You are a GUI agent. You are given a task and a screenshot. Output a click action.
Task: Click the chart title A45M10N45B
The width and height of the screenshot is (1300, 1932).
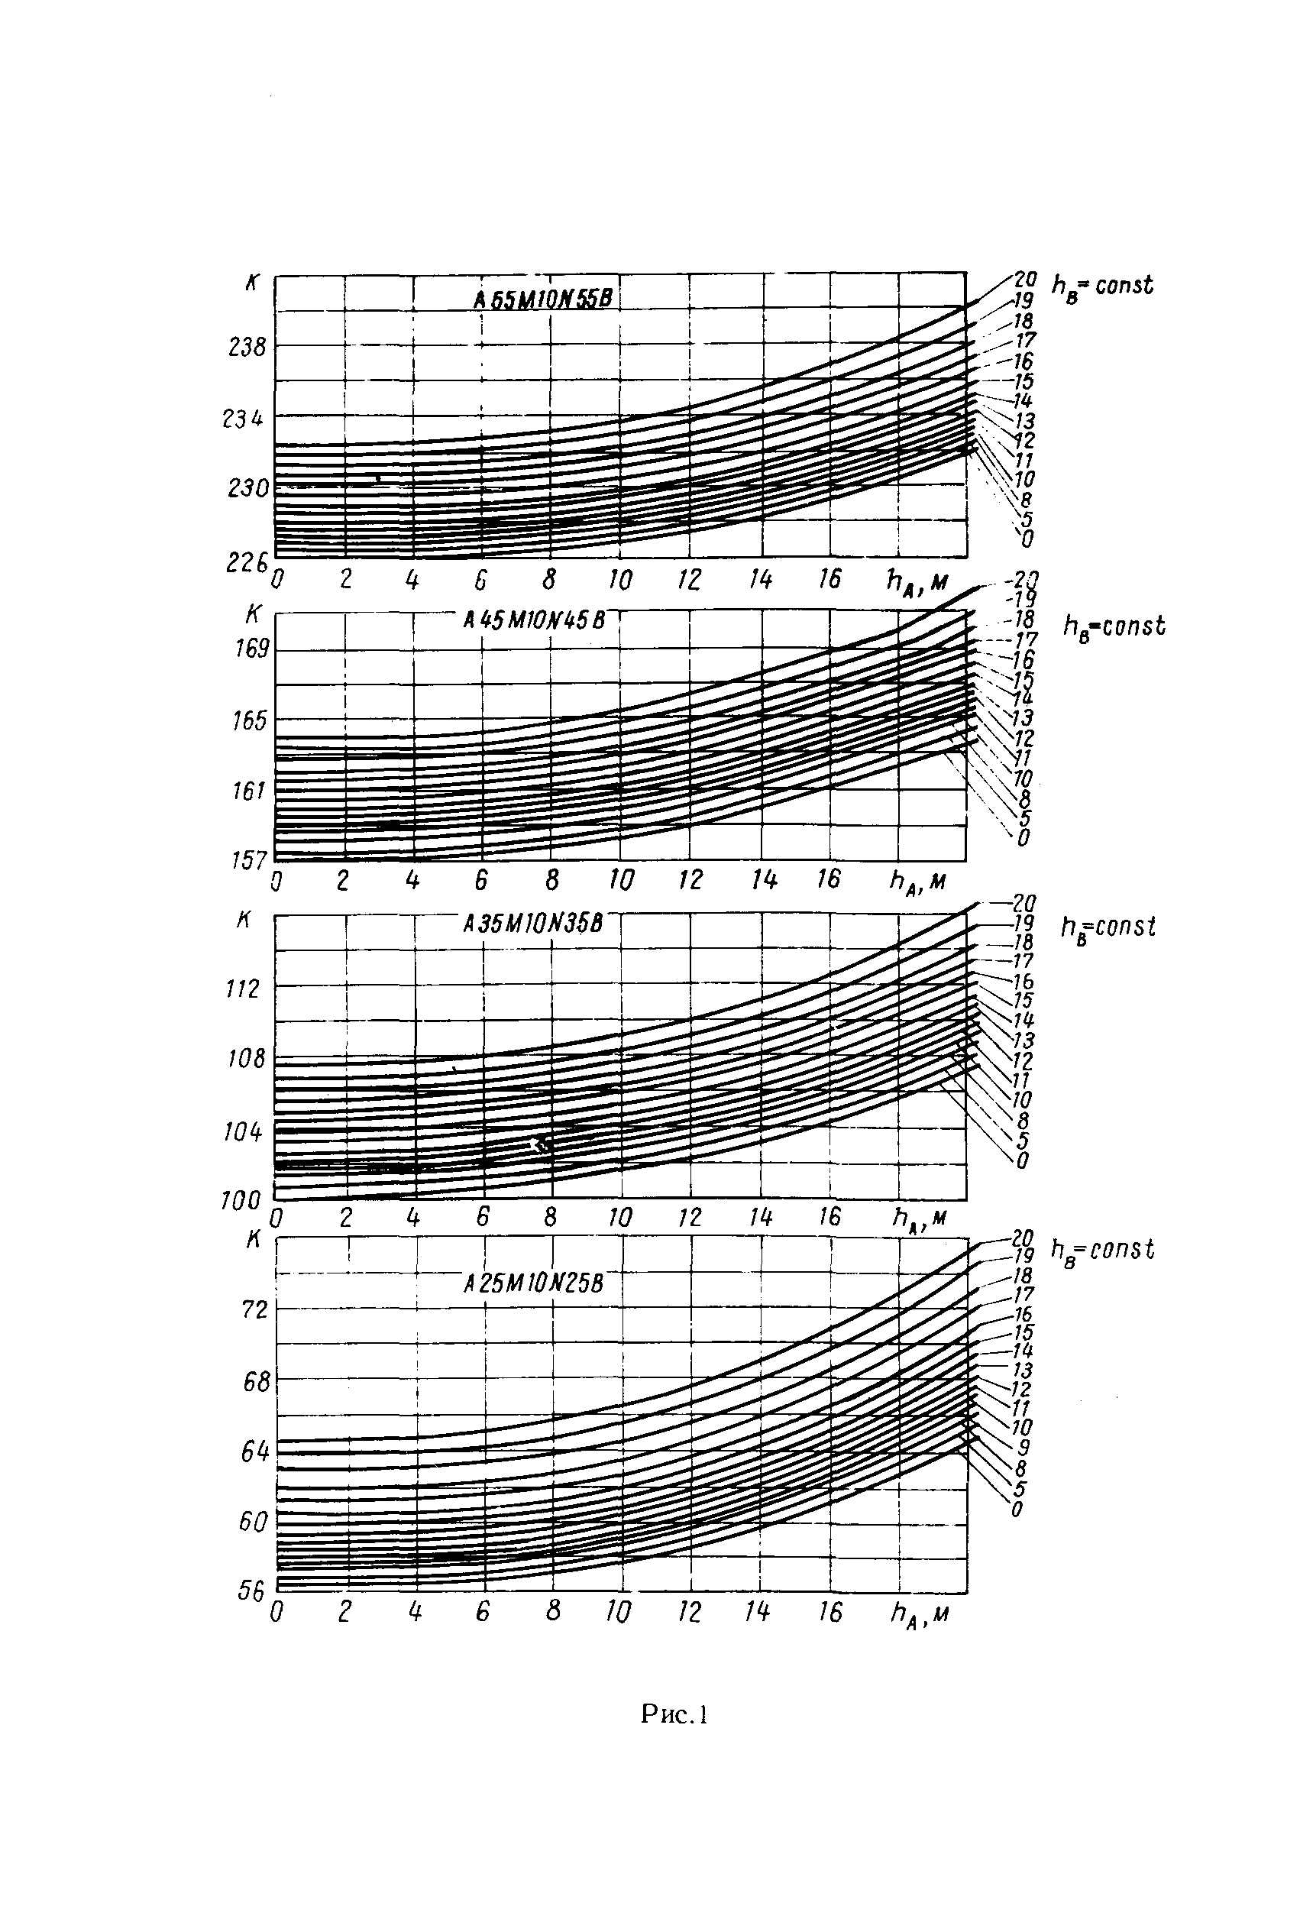[x=534, y=620]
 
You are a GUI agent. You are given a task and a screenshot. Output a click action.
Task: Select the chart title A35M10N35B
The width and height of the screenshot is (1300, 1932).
[x=533, y=923]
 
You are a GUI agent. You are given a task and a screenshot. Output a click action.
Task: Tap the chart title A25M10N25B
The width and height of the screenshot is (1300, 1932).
[x=534, y=1284]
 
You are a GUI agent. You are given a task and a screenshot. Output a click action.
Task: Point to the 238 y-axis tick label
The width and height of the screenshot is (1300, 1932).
[x=247, y=347]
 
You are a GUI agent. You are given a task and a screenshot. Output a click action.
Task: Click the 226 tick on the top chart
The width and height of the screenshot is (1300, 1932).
[x=246, y=563]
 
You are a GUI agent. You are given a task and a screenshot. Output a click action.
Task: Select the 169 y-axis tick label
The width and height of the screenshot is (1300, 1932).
[x=251, y=648]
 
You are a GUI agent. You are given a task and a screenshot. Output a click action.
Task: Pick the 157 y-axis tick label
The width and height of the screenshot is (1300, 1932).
[x=249, y=860]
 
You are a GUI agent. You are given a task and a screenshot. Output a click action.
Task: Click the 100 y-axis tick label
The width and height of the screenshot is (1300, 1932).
[x=241, y=1200]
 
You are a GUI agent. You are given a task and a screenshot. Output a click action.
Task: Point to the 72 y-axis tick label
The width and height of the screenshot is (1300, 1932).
[x=254, y=1310]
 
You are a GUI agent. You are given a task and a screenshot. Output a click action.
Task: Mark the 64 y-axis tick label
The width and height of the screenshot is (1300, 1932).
[x=254, y=1452]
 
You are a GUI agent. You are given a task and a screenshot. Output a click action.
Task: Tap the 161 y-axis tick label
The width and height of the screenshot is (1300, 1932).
[x=249, y=791]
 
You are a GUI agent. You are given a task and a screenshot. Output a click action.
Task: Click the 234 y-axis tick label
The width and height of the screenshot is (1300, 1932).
[x=243, y=419]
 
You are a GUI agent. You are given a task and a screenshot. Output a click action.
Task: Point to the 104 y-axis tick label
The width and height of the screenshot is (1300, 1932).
[x=243, y=1131]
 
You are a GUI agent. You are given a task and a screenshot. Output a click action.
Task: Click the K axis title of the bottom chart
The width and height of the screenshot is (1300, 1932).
[x=254, y=1239]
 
